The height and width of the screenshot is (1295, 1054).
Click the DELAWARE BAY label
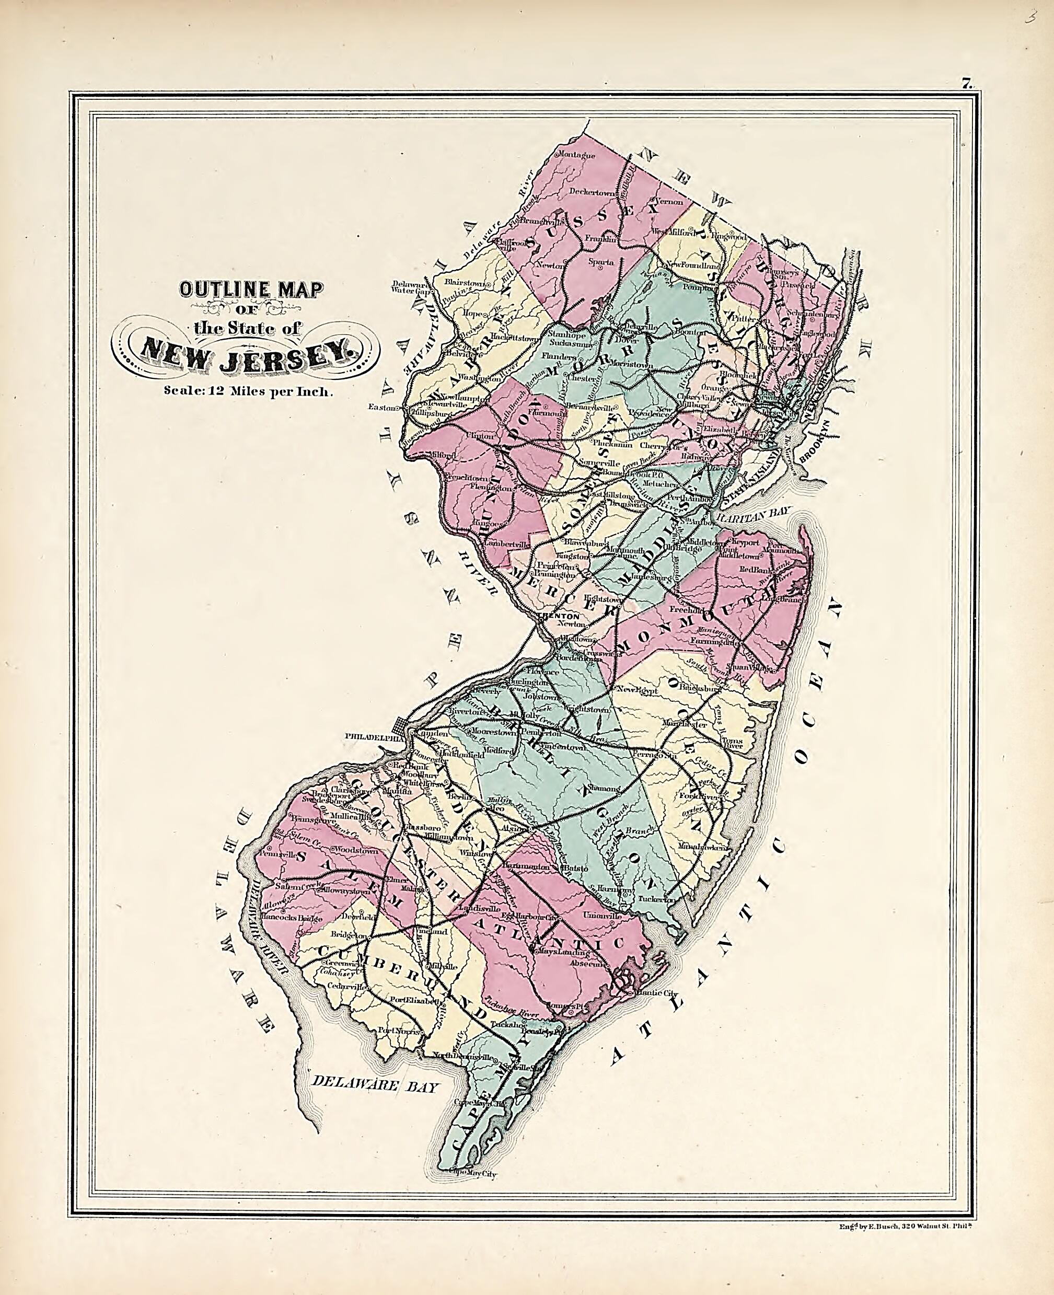coord(374,1085)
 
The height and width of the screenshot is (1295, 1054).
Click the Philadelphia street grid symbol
coord(401,725)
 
